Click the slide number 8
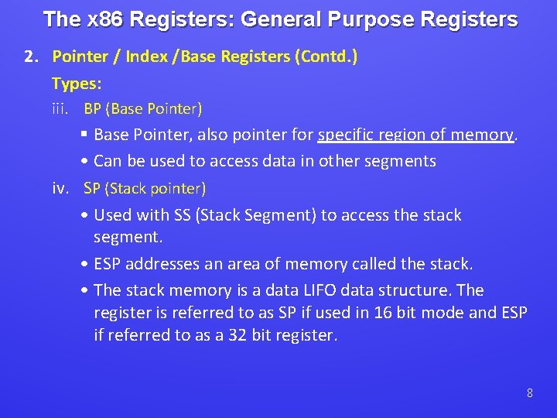click(529, 393)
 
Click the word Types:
click(77, 83)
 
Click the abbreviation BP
click(93, 108)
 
